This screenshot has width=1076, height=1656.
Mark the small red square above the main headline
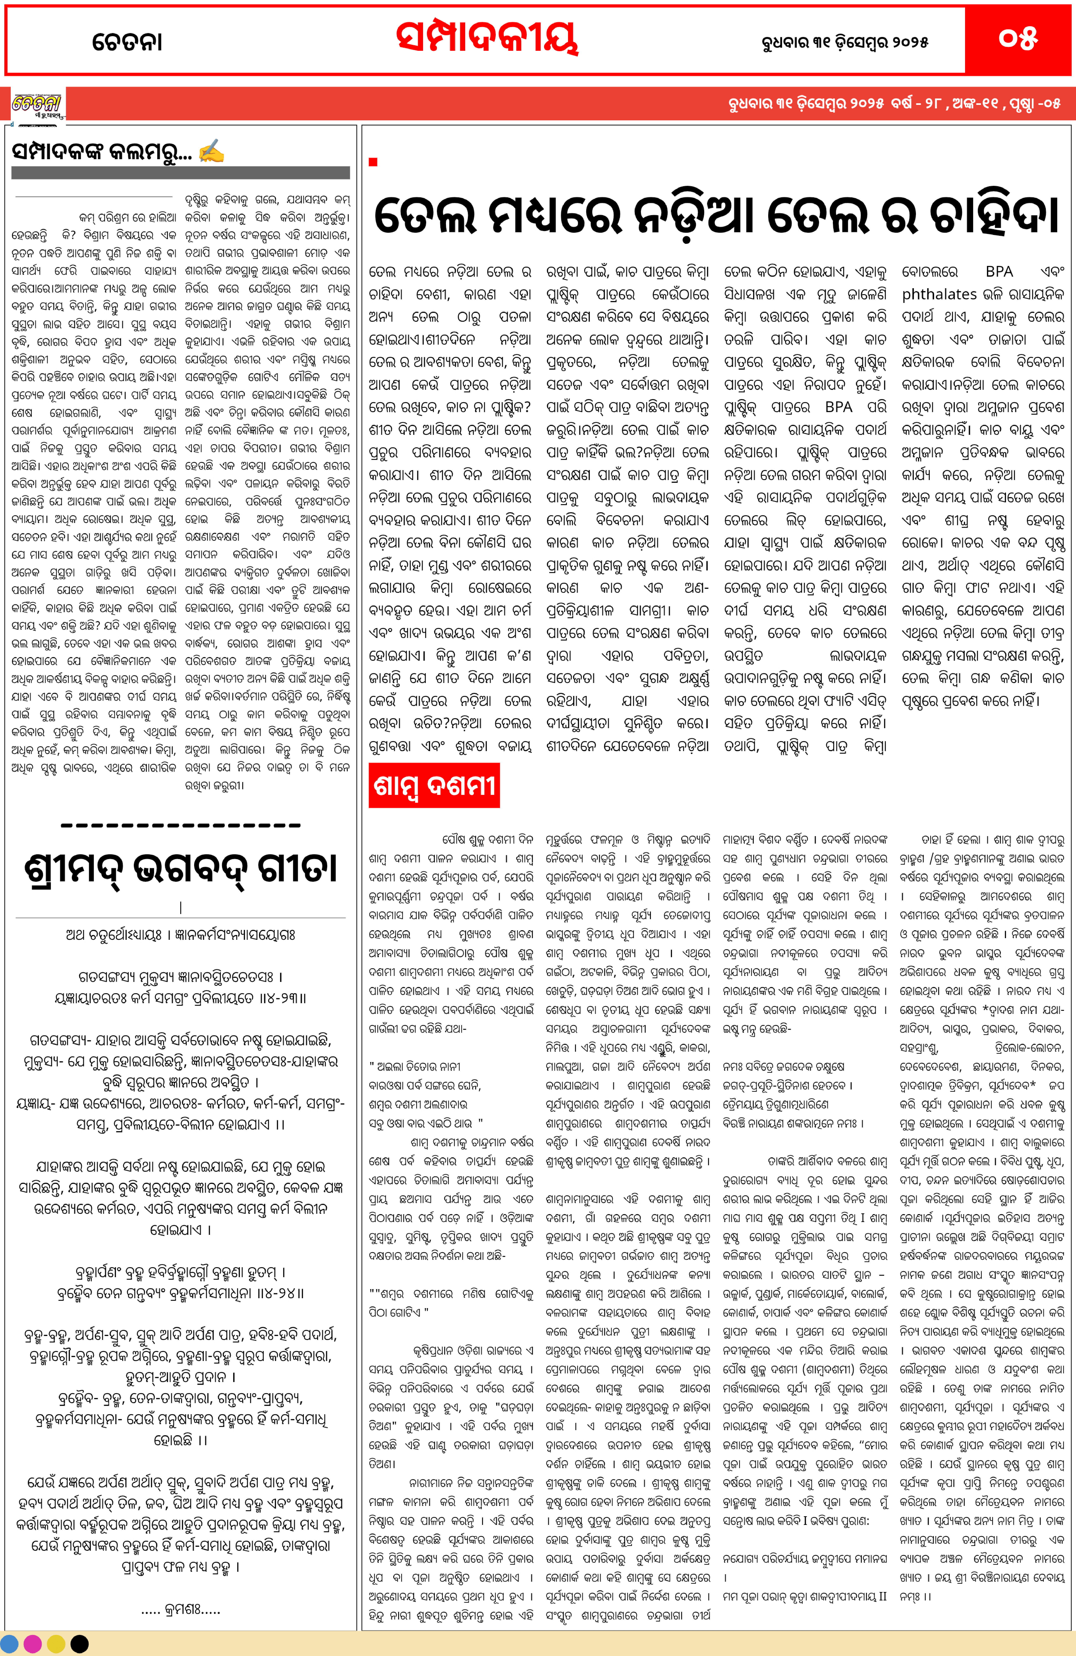(373, 162)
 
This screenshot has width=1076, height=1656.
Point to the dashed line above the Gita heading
(181, 826)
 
